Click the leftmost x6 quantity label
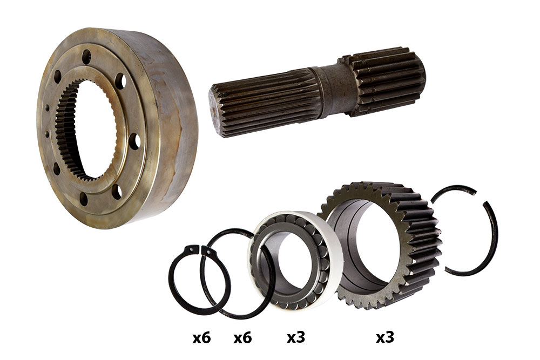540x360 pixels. pos(201,338)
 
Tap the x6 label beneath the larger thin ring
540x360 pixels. pos(242,338)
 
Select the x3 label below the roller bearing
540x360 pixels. pos(296,338)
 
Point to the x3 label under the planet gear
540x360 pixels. pos(384,338)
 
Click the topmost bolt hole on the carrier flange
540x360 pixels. pos(86,57)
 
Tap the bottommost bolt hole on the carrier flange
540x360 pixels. pos(84,199)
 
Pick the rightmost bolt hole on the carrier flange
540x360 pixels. pos(134,141)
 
